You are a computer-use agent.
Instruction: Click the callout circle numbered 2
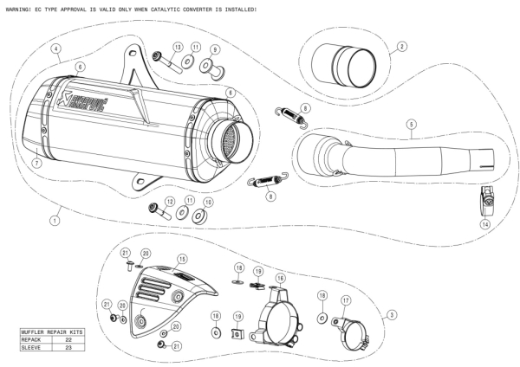[x=401, y=46]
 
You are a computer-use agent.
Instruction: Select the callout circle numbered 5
[x=408, y=122]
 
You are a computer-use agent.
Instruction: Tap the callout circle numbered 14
[x=484, y=224]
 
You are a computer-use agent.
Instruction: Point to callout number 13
[x=177, y=47]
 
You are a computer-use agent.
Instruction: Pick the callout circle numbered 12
[x=170, y=201]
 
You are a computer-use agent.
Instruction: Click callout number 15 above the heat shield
[x=182, y=259]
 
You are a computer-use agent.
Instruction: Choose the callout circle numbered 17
[x=345, y=300]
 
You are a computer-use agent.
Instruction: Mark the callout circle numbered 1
[x=55, y=220]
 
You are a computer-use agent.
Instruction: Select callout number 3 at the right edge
[x=392, y=313]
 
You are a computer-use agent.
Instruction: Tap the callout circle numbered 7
[x=36, y=163]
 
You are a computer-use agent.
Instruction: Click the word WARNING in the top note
[x=19, y=9]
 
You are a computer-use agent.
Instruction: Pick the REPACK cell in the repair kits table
[x=34, y=340]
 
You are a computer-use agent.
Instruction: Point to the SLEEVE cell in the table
[x=34, y=348]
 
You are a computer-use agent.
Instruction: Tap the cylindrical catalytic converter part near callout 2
[x=348, y=65]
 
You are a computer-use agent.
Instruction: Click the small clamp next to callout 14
[x=488, y=201]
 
